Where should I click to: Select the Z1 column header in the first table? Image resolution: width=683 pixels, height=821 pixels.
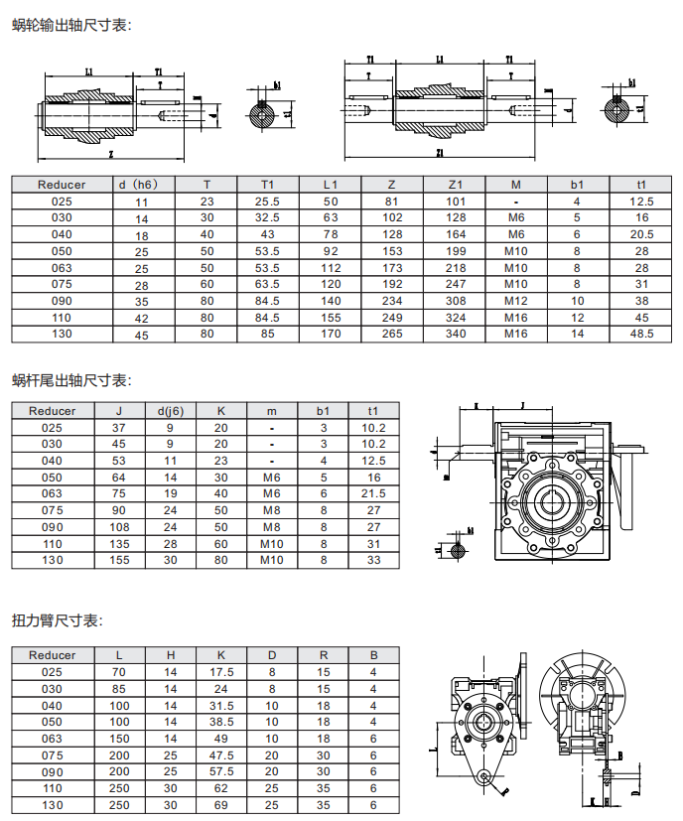455,184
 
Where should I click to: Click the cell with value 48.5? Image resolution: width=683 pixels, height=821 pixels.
641,334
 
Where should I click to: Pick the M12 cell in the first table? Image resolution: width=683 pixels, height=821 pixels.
516,301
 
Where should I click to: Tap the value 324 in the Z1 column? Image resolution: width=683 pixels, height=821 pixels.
455,318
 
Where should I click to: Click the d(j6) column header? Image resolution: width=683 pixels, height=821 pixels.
171,410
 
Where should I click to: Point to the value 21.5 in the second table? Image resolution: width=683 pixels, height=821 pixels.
373,493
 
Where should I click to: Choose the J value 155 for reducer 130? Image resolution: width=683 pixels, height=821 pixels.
119,560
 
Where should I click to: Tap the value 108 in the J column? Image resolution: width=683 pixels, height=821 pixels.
119,527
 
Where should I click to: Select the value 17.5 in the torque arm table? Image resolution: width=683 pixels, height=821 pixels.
221,672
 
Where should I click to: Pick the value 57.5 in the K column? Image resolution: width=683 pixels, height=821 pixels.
221,771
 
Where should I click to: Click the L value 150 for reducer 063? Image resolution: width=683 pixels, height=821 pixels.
119,739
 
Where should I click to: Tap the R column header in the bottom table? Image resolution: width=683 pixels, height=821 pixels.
324,655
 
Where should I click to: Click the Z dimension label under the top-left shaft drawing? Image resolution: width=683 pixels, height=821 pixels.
110,155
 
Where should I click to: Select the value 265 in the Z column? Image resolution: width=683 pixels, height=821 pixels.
392,334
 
